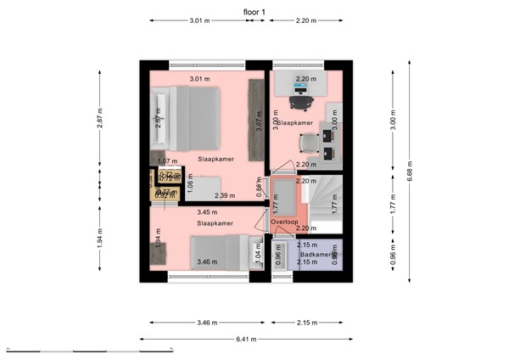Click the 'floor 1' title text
click(254, 10)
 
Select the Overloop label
click(283, 222)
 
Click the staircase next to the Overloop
click(323, 203)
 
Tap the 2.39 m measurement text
click(225, 196)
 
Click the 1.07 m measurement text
click(167, 161)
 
